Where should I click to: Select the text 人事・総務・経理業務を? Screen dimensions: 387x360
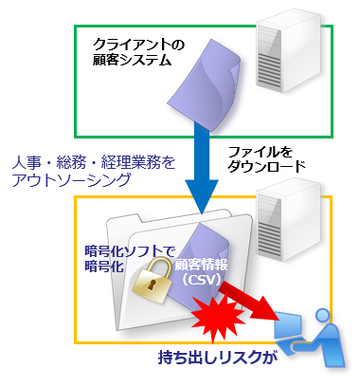point(91,160)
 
